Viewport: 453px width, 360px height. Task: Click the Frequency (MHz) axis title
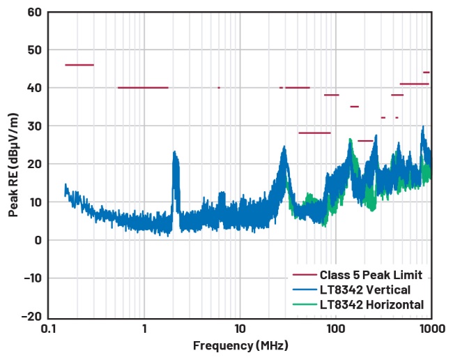[x=240, y=345]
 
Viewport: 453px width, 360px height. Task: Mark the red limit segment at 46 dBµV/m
[x=79, y=65]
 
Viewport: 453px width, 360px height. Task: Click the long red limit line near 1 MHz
[x=143, y=88]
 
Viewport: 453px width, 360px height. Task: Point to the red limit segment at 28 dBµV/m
[x=314, y=133]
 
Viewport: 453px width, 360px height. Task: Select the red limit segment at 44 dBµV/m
[x=427, y=73]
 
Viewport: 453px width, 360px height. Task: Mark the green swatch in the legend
[x=304, y=304]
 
